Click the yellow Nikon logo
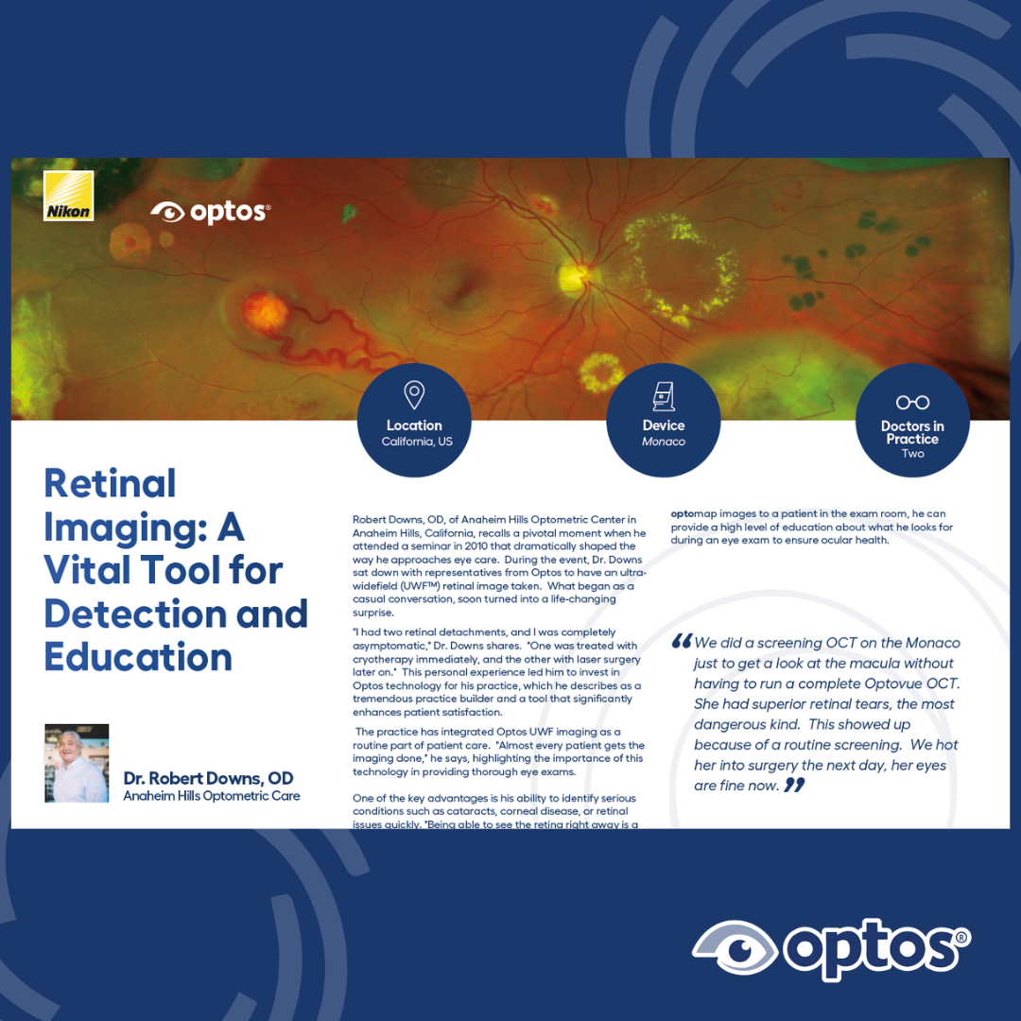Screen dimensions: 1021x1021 tap(68, 196)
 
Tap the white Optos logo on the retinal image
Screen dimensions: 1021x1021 tap(210, 212)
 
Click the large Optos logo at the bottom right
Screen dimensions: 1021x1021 tap(832, 949)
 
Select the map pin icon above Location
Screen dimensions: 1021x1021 tap(414, 395)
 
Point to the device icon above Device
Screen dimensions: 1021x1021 tap(664, 396)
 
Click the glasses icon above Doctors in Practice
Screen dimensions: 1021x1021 tap(912, 403)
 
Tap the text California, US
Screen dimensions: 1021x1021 tap(417, 441)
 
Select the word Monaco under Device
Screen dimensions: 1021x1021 tap(664, 441)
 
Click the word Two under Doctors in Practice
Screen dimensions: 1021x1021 tap(912, 453)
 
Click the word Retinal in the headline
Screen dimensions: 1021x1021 tap(110, 484)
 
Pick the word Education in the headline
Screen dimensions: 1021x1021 tap(138, 657)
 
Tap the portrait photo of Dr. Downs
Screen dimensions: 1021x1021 tap(77, 763)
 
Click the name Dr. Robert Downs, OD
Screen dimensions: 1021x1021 tap(208, 778)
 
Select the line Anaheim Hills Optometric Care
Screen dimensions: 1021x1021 tap(212, 796)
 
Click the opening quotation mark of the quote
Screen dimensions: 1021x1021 tap(681, 641)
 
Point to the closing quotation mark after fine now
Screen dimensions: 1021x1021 tap(794, 785)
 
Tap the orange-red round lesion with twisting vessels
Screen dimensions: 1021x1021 tap(265, 313)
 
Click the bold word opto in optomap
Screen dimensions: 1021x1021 tap(683, 513)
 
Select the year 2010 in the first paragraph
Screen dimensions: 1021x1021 tap(476, 546)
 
